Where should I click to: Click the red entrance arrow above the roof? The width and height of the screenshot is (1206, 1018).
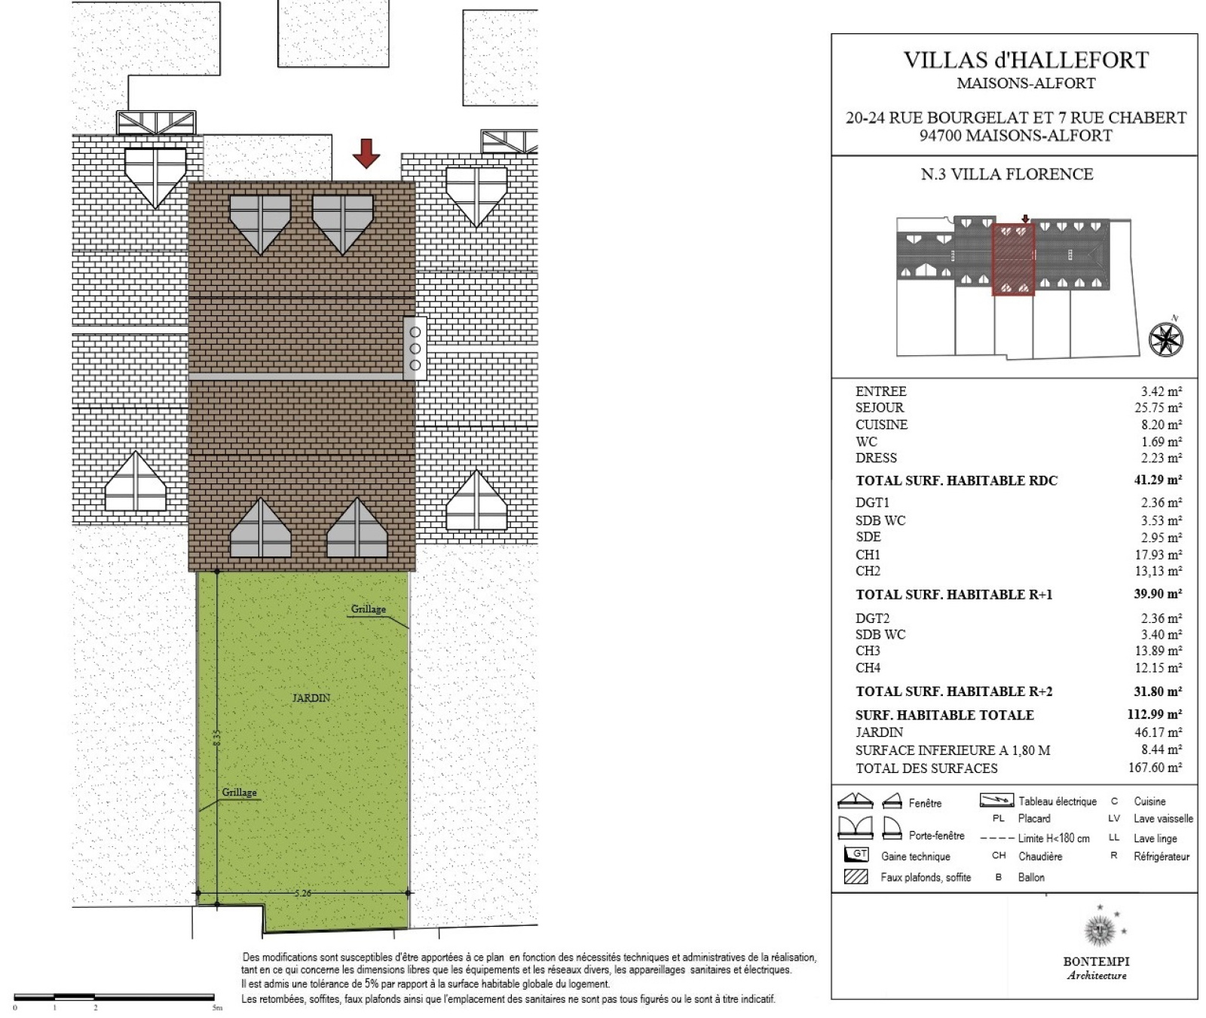tap(366, 153)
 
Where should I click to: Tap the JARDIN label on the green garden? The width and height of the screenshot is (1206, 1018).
tap(311, 698)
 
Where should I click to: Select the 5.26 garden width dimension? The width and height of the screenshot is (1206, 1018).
tap(303, 893)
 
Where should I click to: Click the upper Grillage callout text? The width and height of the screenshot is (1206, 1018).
tap(369, 609)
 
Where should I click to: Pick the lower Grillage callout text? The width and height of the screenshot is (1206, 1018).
tap(240, 793)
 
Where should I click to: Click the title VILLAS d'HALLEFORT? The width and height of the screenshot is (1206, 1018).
tap(1026, 60)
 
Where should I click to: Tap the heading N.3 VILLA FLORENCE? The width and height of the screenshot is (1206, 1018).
tap(1007, 174)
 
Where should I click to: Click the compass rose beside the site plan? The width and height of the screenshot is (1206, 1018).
tap(1165, 339)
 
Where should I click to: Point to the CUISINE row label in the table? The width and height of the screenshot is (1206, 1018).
tap(881, 425)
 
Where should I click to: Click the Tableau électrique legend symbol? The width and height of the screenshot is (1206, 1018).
tap(996, 800)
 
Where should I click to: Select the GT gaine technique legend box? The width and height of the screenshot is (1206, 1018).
tap(856, 855)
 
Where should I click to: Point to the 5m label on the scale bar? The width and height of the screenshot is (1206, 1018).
tap(218, 1007)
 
